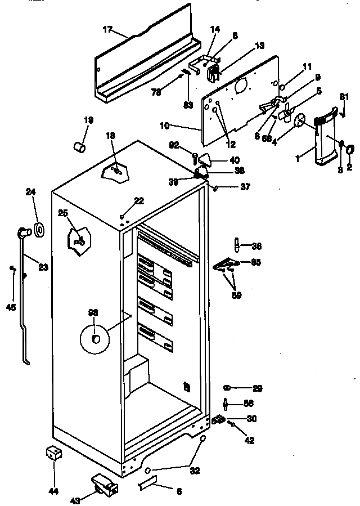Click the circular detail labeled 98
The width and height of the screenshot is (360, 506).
[x=95, y=338]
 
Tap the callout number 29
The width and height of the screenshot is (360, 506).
[x=257, y=388]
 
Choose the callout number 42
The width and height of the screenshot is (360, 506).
[x=249, y=441]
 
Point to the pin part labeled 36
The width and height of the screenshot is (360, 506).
[x=237, y=245]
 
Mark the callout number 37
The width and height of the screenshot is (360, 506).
[x=245, y=187]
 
